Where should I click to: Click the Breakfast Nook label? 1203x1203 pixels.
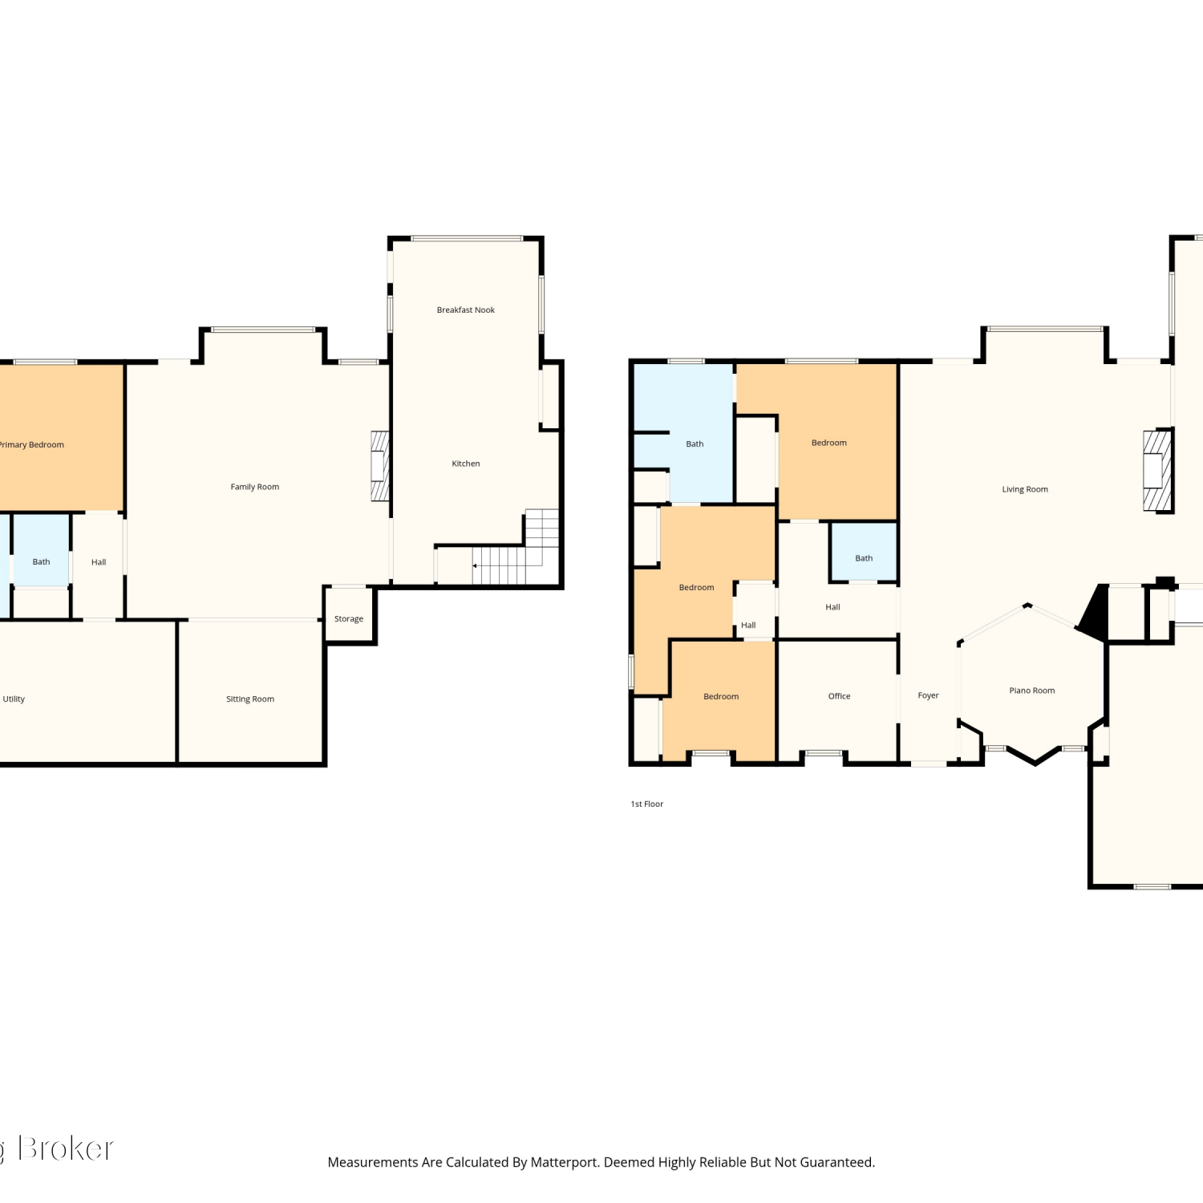point(465,310)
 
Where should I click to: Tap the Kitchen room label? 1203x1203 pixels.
point(465,464)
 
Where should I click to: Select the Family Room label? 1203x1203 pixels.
point(255,487)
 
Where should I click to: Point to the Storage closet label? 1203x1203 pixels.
point(349,619)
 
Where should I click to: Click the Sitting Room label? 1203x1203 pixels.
point(250,699)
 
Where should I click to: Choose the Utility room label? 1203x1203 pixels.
point(14,699)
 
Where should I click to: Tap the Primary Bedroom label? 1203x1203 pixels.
point(31,445)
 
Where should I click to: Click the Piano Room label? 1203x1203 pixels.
point(1032,691)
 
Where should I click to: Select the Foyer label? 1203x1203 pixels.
point(928,696)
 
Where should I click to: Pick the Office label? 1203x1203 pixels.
point(839,696)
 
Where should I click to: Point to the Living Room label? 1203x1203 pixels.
point(1025,489)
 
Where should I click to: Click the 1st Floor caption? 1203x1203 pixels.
point(647,804)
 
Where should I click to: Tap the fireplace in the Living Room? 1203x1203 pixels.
point(1157,471)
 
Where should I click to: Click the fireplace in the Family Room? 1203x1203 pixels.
point(380,467)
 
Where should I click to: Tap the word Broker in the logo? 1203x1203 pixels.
point(66,1149)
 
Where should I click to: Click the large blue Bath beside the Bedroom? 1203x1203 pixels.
point(683,433)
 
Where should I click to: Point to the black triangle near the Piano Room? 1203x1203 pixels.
point(1093,613)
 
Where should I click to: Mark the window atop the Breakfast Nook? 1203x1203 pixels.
point(467,238)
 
